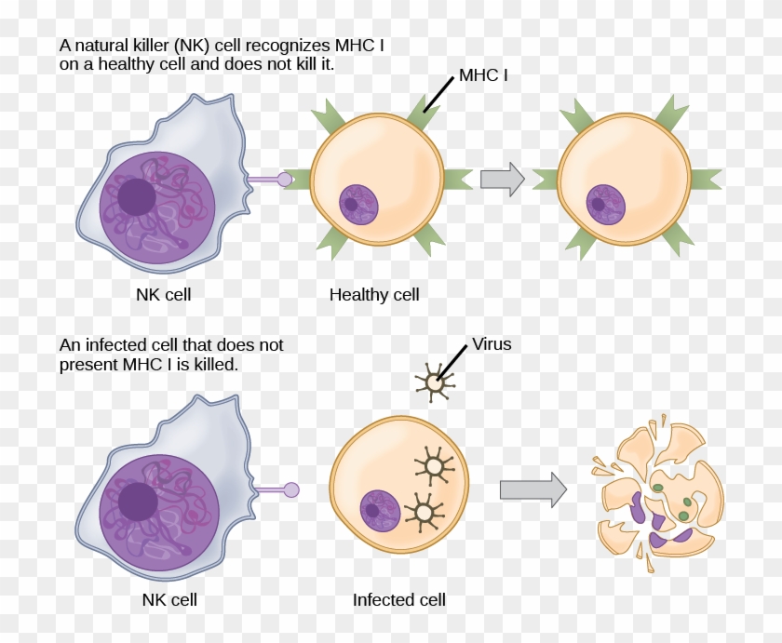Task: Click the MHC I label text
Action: [482, 75]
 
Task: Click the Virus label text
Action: [492, 344]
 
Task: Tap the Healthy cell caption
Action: [374, 295]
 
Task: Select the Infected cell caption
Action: [398, 600]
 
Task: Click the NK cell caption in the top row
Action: [164, 295]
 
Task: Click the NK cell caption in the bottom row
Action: [169, 600]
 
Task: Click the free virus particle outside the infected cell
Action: [434, 381]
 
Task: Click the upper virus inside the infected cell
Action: [434, 462]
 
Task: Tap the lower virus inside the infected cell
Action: [425, 511]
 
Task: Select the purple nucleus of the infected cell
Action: [379, 510]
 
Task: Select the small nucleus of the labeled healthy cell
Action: [358, 203]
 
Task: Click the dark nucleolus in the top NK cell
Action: [137, 197]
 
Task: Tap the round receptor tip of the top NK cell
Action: [284, 180]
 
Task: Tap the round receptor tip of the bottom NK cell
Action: [291, 489]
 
